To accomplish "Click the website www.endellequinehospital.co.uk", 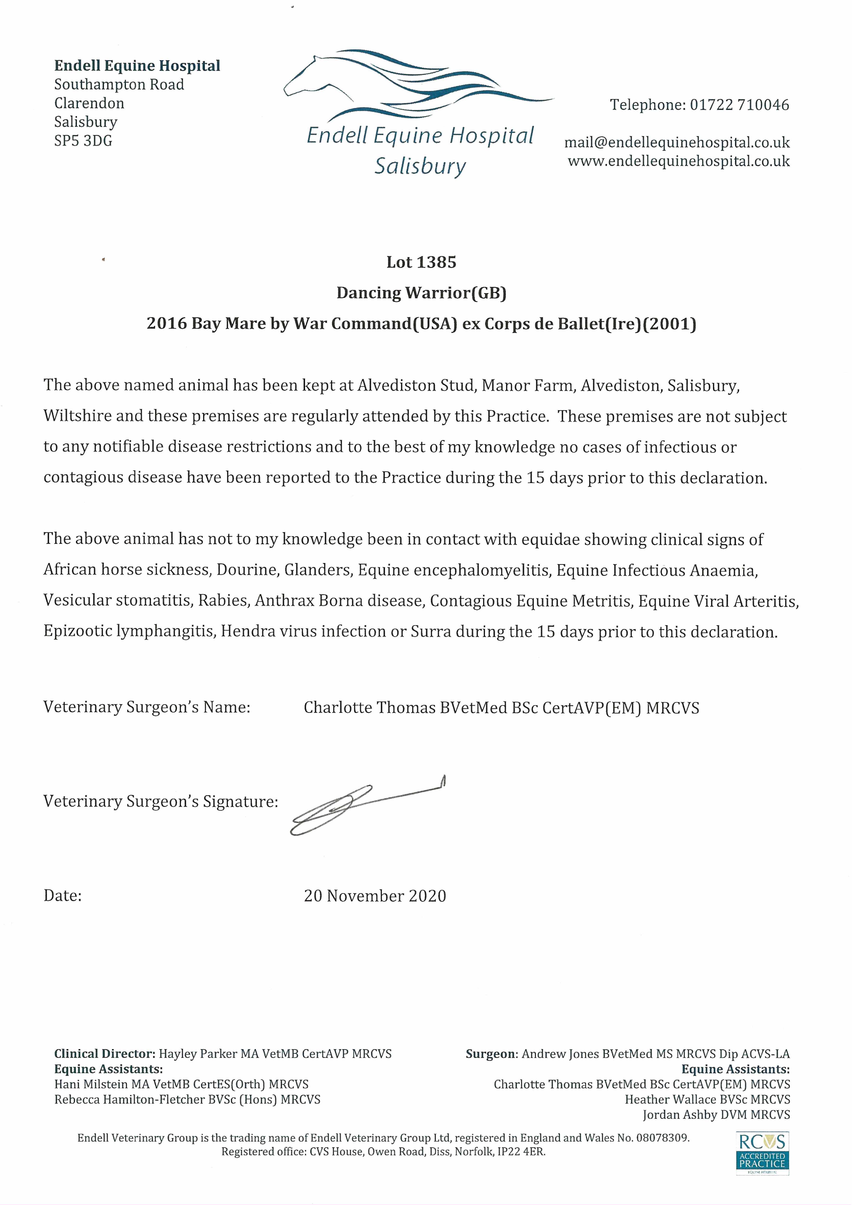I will (678, 161).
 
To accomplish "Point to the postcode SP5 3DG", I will (83, 141).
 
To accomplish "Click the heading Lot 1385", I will (421, 262).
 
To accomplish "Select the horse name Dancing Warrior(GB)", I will (421, 293).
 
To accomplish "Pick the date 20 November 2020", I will (375, 896).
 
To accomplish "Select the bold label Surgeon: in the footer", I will (492, 1054).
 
